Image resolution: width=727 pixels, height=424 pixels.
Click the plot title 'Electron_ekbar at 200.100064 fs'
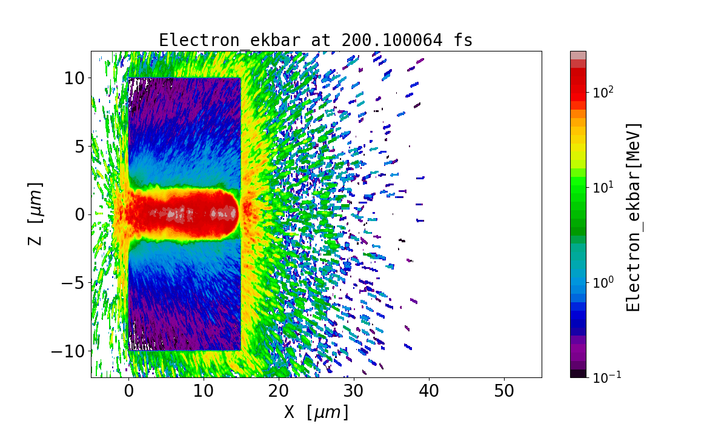(x=316, y=40)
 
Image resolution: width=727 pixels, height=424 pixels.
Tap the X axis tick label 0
(x=128, y=391)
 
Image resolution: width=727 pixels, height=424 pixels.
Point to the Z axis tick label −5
(x=71, y=283)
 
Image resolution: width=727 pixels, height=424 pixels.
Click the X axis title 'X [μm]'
(x=316, y=412)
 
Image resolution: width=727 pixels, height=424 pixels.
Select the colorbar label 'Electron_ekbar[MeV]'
(x=633, y=217)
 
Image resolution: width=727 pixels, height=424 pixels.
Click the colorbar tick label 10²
(x=603, y=93)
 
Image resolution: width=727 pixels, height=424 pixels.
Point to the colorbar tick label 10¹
(x=603, y=188)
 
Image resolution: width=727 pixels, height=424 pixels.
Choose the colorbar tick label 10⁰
(x=603, y=282)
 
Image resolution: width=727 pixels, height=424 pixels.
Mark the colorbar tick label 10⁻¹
(x=605, y=377)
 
